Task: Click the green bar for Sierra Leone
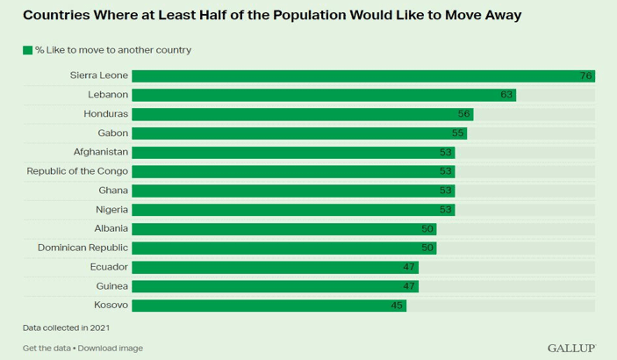pyautogui.click(x=363, y=76)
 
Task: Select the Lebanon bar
pyautogui.click(x=324, y=95)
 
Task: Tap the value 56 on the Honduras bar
pyautogui.click(x=463, y=114)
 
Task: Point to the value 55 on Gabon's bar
pyautogui.click(x=457, y=133)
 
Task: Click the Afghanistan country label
pyautogui.click(x=101, y=152)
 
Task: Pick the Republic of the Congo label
pyautogui.click(x=77, y=171)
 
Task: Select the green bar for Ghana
pyautogui.click(x=293, y=191)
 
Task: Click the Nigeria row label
pyautogui.click(x=111, y=210)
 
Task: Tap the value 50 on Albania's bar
pyautogui.click(x=427, y=229)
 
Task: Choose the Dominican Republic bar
pyautogui.click(x=284, y=248)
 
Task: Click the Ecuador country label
pyautogui.click(x=109, y=267)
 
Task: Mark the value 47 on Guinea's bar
pyautogui.click(x=409, y=286)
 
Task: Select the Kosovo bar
pyautogui.click(x=269, y=306)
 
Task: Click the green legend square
pyautogui.click(x=27, y=50)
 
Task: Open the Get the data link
pyautogui.click(x=47, y=349)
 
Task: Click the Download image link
pyautogui.click(x=111, y=349)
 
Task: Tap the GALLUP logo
pyautogui.click(x=571, y=349)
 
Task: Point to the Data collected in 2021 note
pyautogui.click(x=66, y=328)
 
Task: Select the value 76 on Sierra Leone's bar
pyautogui.click(x=585, y=76)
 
